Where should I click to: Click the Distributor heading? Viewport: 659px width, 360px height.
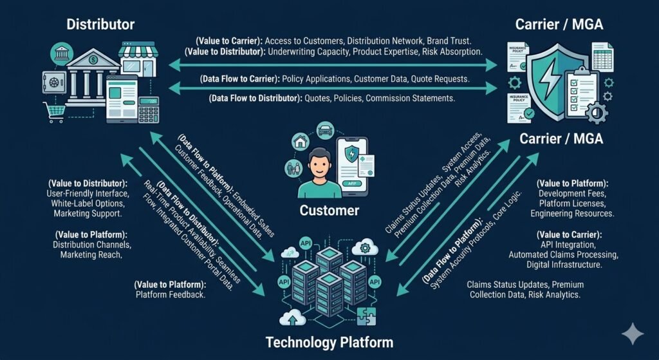point(101,25)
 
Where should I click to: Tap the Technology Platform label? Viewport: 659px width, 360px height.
point(329,341)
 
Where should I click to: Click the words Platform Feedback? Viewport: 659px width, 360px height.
point(171,295)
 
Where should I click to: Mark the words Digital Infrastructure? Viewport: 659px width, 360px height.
point(565,265)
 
